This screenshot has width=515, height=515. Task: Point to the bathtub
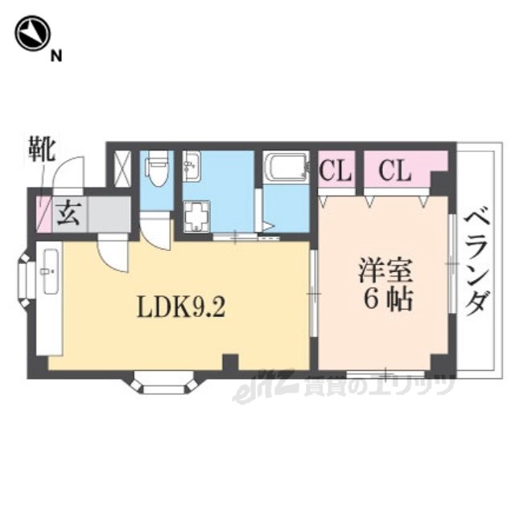[x=285, y=168]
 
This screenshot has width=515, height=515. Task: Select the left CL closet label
[x=336, y=171]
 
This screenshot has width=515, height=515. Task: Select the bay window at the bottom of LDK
[x=164, y=383]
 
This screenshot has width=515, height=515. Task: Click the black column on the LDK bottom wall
[x=231, y=363]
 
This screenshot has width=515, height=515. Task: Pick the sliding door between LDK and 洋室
[x=313, y=294]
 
